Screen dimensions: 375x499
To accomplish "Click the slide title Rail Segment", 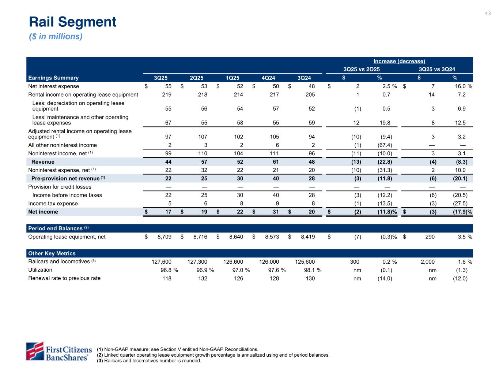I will click(73, 22).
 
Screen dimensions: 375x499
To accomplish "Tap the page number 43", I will click(488, 14).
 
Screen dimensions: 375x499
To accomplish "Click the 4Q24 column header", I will click(268, 78).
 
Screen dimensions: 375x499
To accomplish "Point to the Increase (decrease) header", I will click(399, 61).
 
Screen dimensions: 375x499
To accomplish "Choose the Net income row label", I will click(43, 212).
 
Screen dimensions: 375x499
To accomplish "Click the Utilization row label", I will click(40, 270).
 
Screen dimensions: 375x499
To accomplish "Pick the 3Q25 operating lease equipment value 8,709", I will click(164, 237).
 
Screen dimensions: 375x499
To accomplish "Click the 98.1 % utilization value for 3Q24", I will click(310, 270).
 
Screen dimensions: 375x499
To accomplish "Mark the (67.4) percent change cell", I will click(385, 145).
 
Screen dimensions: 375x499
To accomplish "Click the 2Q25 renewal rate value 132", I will click(203, 278).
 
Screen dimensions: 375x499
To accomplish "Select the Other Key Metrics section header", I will click(52, 253).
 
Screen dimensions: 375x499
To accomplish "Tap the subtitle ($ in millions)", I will click(56, 37).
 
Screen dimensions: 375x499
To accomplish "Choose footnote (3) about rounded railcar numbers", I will click(149, 361).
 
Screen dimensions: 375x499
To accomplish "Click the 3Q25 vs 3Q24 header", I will click(436, 69).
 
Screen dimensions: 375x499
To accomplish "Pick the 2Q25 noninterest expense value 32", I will click(204, 170).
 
